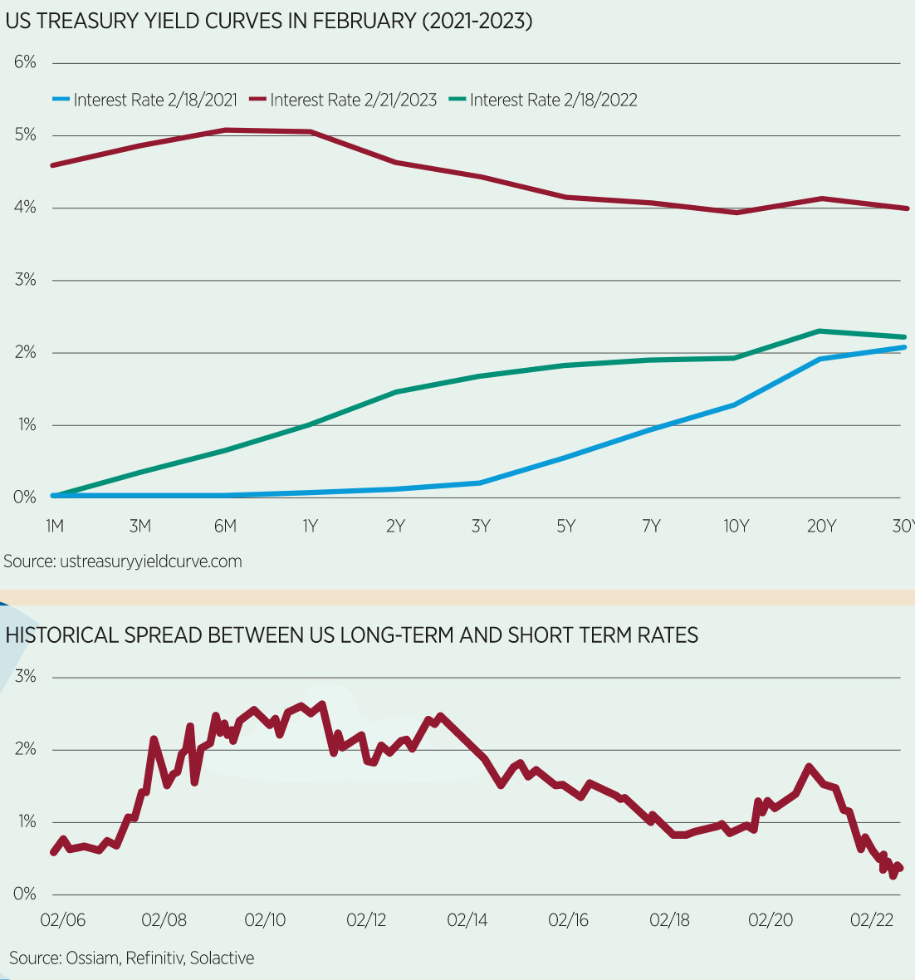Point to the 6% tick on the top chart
[x=25, y=62]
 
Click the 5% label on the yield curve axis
[x=25, y=135]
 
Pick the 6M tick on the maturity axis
[x=225, y=526]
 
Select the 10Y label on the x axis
[x=736, y=526]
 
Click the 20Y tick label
[x=821, y=526]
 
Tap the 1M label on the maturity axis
[x=54, y=526]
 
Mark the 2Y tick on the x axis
[x=395, y=526]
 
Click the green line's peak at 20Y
[x=820, y=331]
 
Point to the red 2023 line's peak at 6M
[x=225, y=130]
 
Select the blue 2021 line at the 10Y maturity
[x=735, y=404]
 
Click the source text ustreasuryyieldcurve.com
[x=150, y=561]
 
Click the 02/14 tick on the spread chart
[x=467, y=920]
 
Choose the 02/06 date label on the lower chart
[x=63, y=920]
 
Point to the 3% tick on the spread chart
[x=25, y=677]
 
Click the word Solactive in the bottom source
[x=222, y=958]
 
